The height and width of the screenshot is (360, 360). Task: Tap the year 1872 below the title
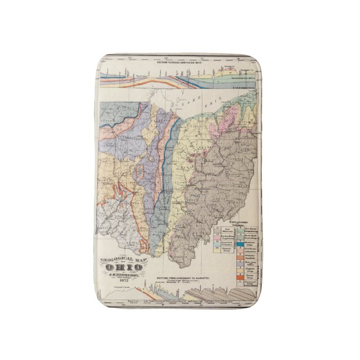[121, 280]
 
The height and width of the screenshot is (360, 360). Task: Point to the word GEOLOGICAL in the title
[115, 259]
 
